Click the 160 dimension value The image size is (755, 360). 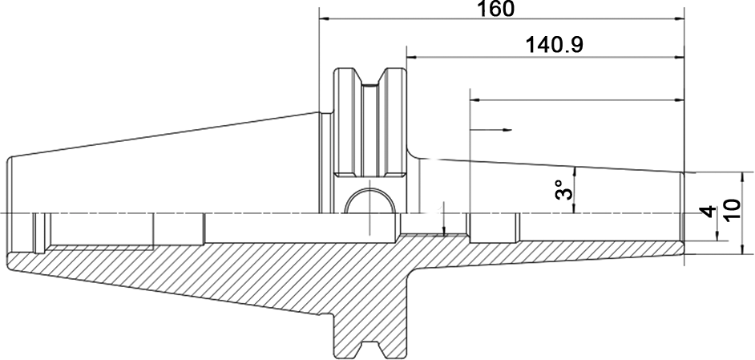[x=495, y=8]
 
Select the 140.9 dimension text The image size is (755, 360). [x=554, y=46]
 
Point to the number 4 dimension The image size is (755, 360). [x=708, y=211]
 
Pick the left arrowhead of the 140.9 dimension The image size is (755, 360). [x=412, y=58]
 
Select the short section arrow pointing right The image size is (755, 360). [x=491, y=130]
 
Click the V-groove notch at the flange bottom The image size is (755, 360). [x=369, y=346]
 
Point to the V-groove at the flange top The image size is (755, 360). [x=369, y=77]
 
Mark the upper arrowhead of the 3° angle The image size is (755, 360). [x=574, y=172]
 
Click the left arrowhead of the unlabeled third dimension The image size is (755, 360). [x=474, y=100]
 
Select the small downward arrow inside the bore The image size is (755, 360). [x=444, y=219]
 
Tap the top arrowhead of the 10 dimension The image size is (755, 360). [x=742, y=177]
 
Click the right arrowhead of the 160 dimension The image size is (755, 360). [x=679, y=19]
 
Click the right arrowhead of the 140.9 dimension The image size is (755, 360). [x=679, y=58]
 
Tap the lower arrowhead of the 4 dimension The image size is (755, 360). [x=717, y=235]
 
